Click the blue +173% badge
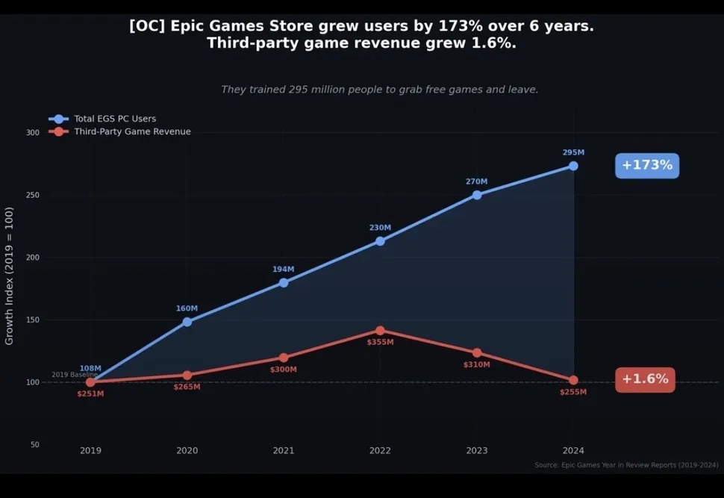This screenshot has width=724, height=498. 646,165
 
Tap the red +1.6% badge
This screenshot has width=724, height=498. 645,379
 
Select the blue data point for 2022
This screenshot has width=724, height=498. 380,241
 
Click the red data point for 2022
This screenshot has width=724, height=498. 380,330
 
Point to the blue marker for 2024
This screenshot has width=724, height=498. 573,166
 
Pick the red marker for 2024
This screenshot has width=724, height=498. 573,380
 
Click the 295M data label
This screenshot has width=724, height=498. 573,152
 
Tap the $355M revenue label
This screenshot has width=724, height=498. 380,342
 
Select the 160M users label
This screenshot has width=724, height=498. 187,308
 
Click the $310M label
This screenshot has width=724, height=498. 477,364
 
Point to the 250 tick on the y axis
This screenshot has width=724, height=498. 32,195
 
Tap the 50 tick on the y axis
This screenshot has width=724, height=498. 34,444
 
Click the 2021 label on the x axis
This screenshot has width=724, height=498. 284,450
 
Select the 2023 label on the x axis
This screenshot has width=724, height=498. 477,450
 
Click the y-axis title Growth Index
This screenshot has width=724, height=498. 10,276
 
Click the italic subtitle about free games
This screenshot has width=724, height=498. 379,90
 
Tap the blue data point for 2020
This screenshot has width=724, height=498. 187,322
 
